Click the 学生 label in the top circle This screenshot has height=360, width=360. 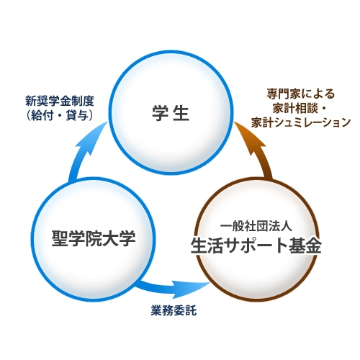click(171, 113)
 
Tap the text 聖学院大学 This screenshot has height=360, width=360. click(94, 238)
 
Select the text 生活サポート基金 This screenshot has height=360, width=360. click(256, 246)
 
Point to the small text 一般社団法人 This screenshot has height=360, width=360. click(256, 226)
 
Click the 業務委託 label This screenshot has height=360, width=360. click(174, 310)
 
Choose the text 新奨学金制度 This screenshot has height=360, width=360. click(60, 101)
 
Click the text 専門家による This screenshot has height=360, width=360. click(301, 94)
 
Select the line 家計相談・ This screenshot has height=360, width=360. click(300, 108)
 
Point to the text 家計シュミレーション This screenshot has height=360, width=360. click(301, 122)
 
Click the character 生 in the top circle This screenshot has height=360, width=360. click(181, 113)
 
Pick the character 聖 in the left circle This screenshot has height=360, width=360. click(60, 238)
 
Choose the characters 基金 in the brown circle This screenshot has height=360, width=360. click(305, 246)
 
